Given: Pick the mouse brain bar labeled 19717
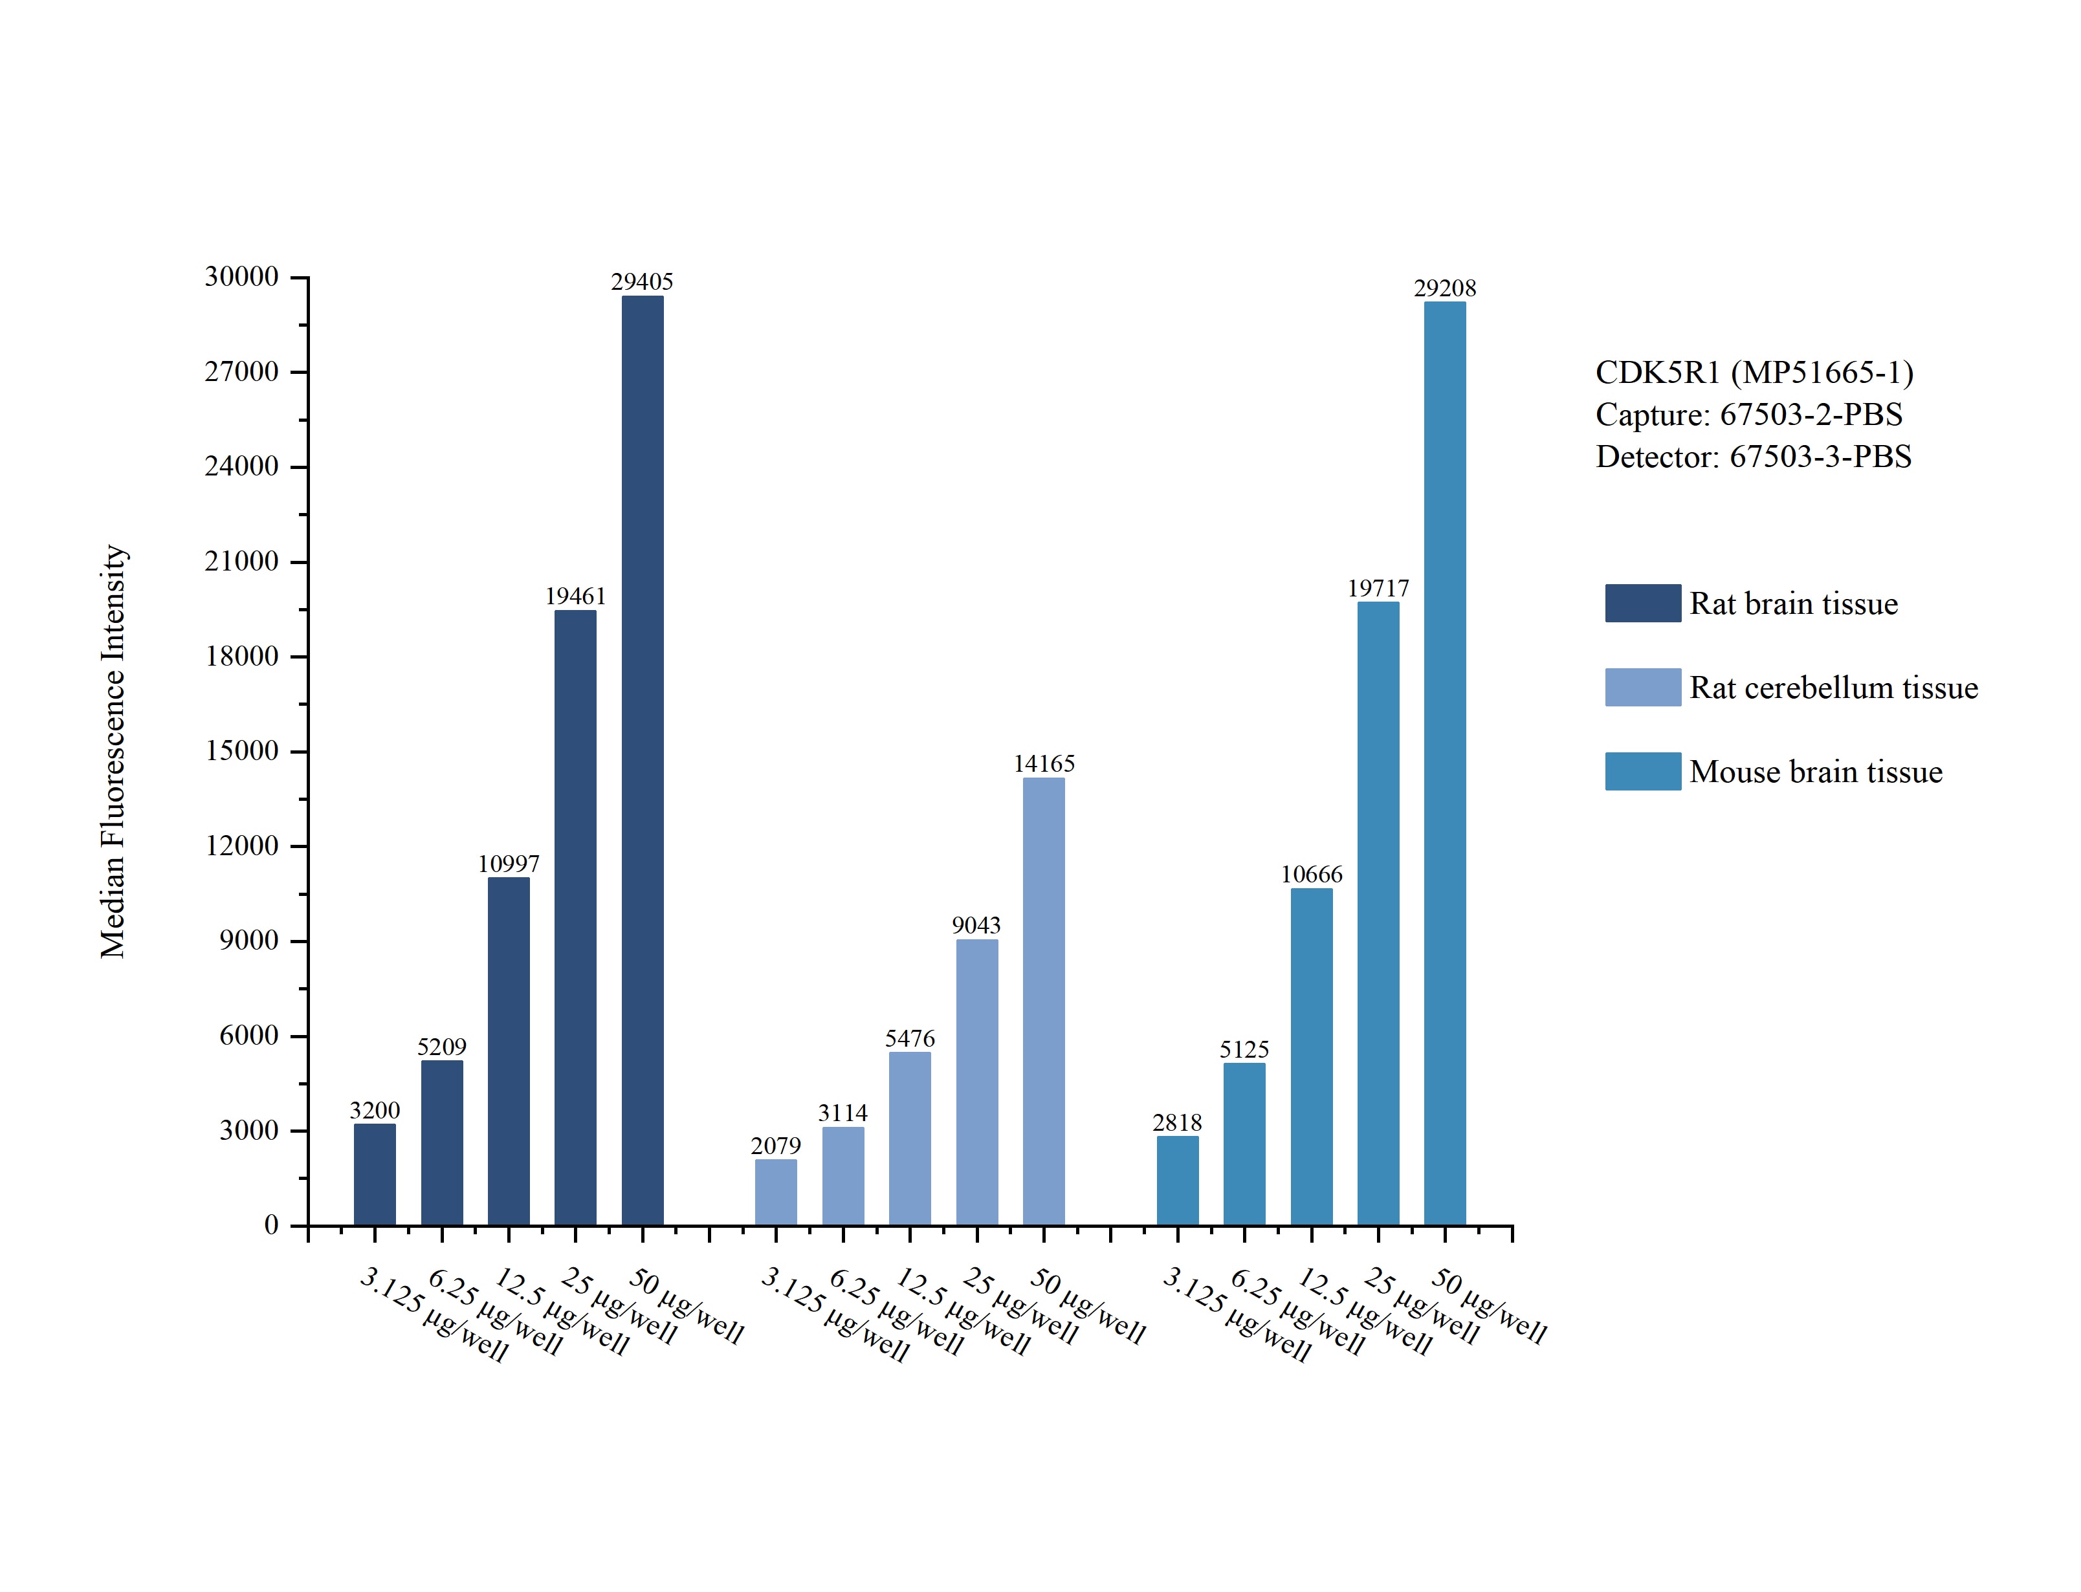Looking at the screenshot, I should pos(1378,913).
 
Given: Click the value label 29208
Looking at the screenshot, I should pos(1444,288).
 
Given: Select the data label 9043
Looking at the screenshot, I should pos(976,925).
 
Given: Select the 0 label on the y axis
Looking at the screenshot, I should pos(271,1225).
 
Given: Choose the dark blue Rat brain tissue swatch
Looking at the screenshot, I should pos(1642,603).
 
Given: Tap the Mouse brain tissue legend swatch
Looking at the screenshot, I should pos(1642,771).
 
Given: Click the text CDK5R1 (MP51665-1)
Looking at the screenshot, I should pos(1754,373).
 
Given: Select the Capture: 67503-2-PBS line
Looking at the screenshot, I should pos(1748,414).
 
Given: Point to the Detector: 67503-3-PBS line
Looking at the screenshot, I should pos(1753,457).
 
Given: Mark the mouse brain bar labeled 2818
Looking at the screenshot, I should pos(1177,1180).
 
